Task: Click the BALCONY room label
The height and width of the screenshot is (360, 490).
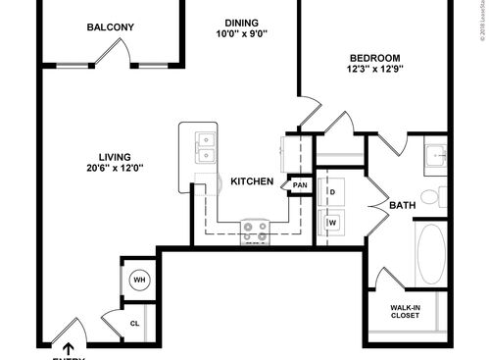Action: pos(110,27)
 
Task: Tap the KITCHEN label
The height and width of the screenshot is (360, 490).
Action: pos(251,181)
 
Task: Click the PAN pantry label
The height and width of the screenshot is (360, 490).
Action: pos(299,184)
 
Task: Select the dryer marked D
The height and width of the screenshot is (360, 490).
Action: pos(332,190)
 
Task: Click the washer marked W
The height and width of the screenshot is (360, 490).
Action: pos(332,223)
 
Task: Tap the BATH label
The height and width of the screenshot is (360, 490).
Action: pos(402,205)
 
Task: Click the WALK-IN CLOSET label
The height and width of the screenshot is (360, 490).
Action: pos(406,311)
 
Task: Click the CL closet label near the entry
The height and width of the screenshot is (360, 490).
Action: pos(135,323)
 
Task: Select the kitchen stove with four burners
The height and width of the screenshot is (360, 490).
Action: pos(256,230)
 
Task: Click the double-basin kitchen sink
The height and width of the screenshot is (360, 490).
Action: pos(206,147)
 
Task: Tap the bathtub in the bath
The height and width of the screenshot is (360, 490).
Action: pos(431,253)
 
